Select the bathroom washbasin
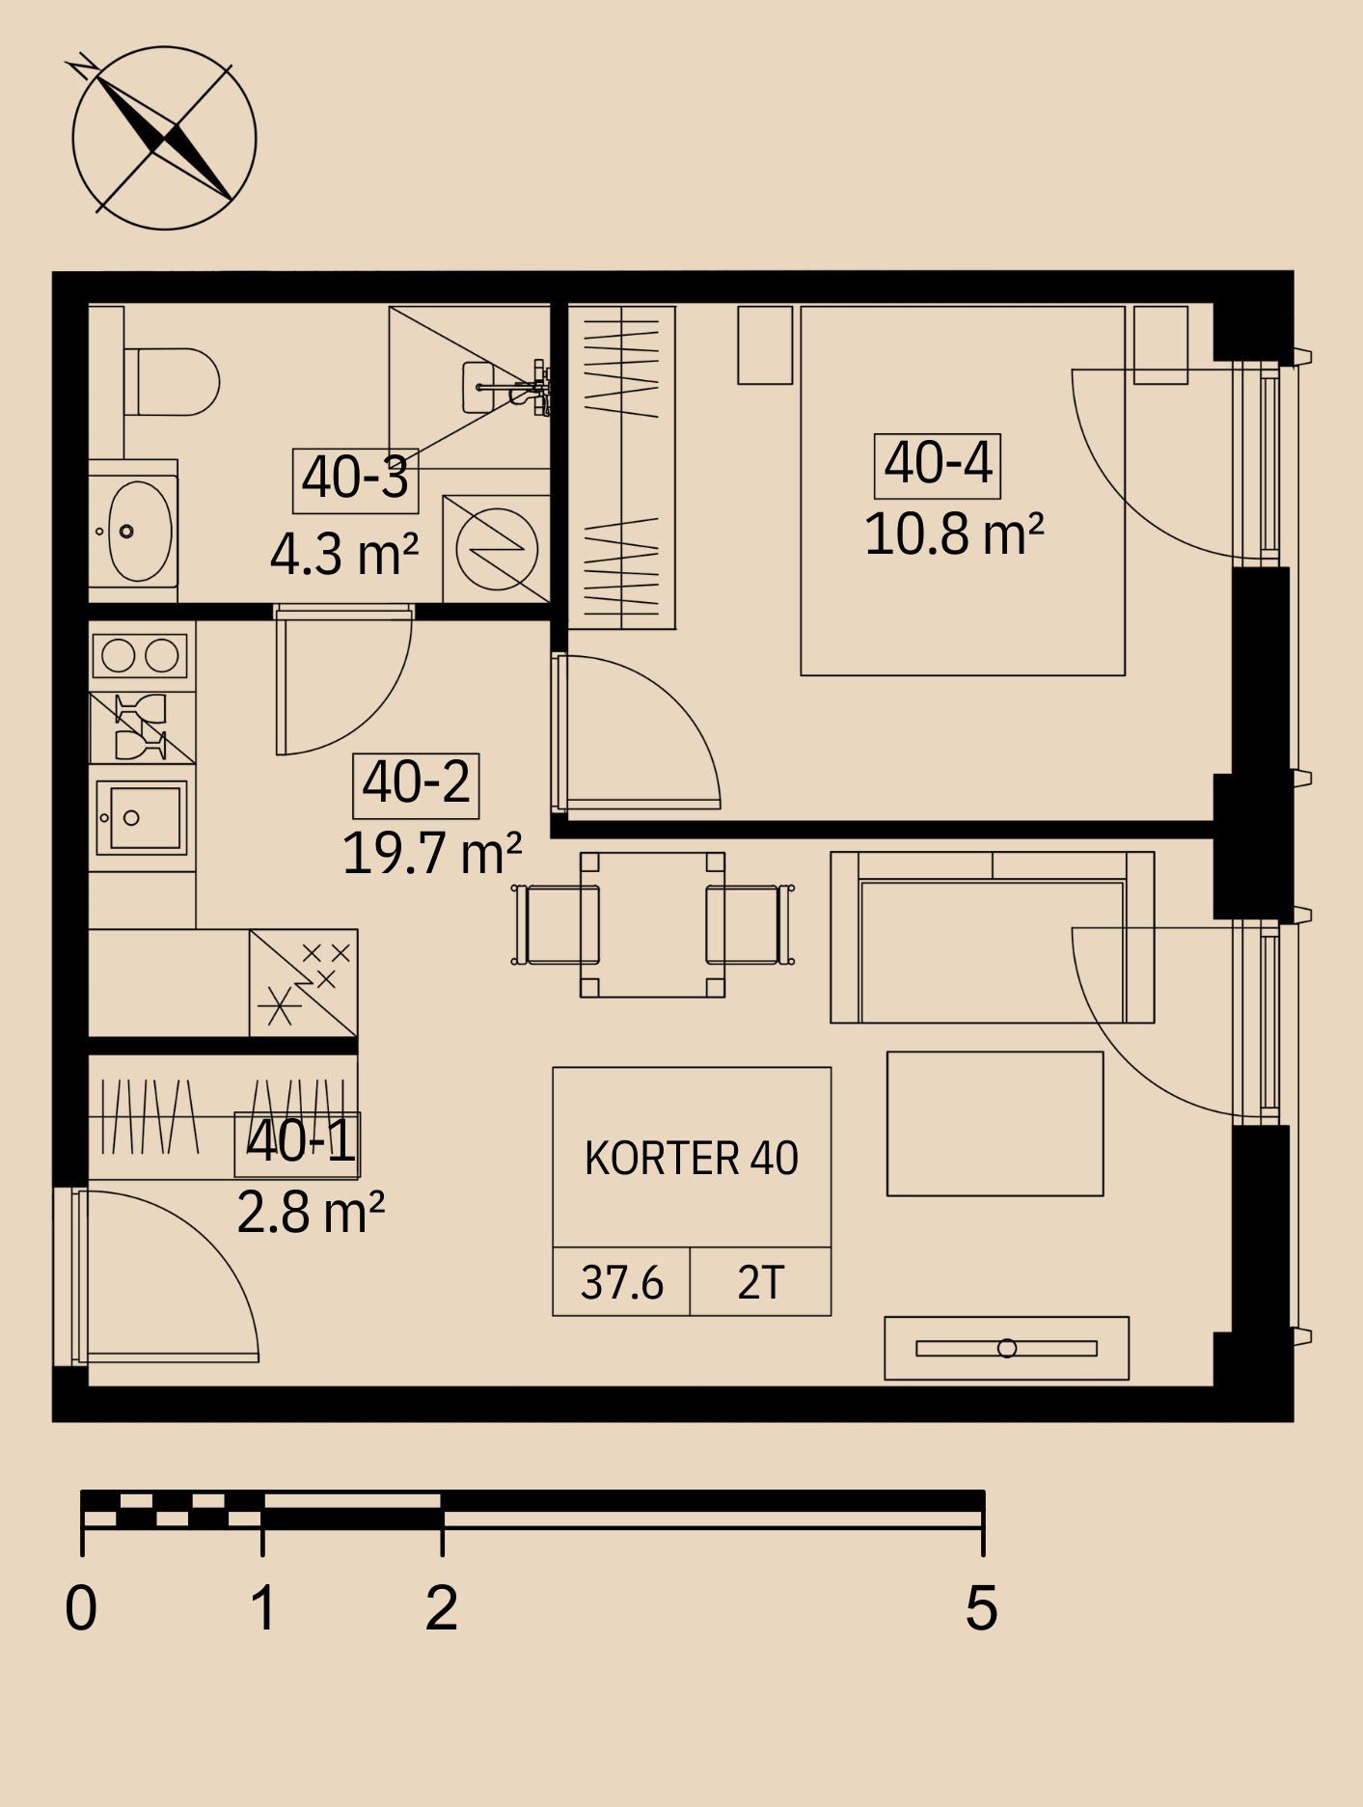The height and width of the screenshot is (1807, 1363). tap(139, 531)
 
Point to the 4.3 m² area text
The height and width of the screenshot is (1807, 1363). tap(344, 555)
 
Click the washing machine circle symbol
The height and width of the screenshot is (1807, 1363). tap(496, 549)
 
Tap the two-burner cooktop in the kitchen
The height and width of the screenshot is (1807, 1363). tap(141, 656)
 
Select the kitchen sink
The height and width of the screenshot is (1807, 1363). tap(141, 818)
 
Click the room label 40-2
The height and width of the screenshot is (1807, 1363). tap(416, 784)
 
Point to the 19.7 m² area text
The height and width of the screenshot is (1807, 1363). tap(432, 853)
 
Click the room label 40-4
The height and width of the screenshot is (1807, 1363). tap(938, 465)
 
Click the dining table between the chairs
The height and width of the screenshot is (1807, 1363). tap(652, 924)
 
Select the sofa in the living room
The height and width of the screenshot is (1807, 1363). tap(993, 937)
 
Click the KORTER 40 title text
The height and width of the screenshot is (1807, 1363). tap(692, 1159)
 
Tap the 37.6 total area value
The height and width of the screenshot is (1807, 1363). tap(622, 1283)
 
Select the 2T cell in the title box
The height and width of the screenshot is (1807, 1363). tap(760, 1283)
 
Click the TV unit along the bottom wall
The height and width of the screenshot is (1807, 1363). tap(1006, 1348)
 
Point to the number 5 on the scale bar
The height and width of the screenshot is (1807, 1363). tap(982, 1608)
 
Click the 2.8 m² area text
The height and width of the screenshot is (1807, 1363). tap(311, 1213)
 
